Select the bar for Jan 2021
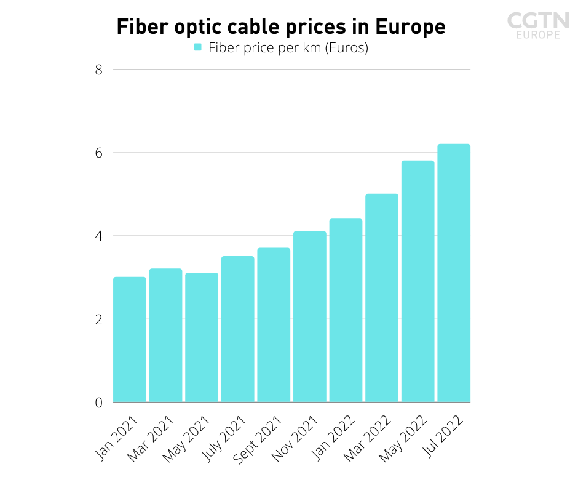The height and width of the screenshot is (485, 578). coord(129,339)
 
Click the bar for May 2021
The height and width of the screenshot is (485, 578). coord(202,337)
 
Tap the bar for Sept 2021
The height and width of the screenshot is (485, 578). coord(274,325)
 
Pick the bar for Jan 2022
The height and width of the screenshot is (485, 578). coord(346,310)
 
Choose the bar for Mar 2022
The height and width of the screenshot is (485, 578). coord(382,298)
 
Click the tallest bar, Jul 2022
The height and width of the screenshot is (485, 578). coord(454,273)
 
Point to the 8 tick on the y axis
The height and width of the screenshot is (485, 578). coord(98,70)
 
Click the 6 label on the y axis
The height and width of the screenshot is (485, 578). coord(98,153)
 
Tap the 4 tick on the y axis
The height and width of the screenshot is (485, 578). coord(98,236)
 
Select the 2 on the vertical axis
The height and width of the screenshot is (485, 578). coord(98,319)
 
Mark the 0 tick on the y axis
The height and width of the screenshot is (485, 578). coord(98,403)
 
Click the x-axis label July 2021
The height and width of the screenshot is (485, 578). coord(223,438)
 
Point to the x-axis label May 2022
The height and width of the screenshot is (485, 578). coord(403,438)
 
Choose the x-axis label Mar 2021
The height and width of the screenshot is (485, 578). coord(150,438)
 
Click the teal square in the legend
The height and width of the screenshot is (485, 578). coord(198,47)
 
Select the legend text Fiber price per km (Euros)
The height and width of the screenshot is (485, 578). coord(288,48)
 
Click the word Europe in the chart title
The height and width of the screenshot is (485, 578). coord(410,27)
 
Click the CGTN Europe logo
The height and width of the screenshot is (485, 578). coord(538,25)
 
